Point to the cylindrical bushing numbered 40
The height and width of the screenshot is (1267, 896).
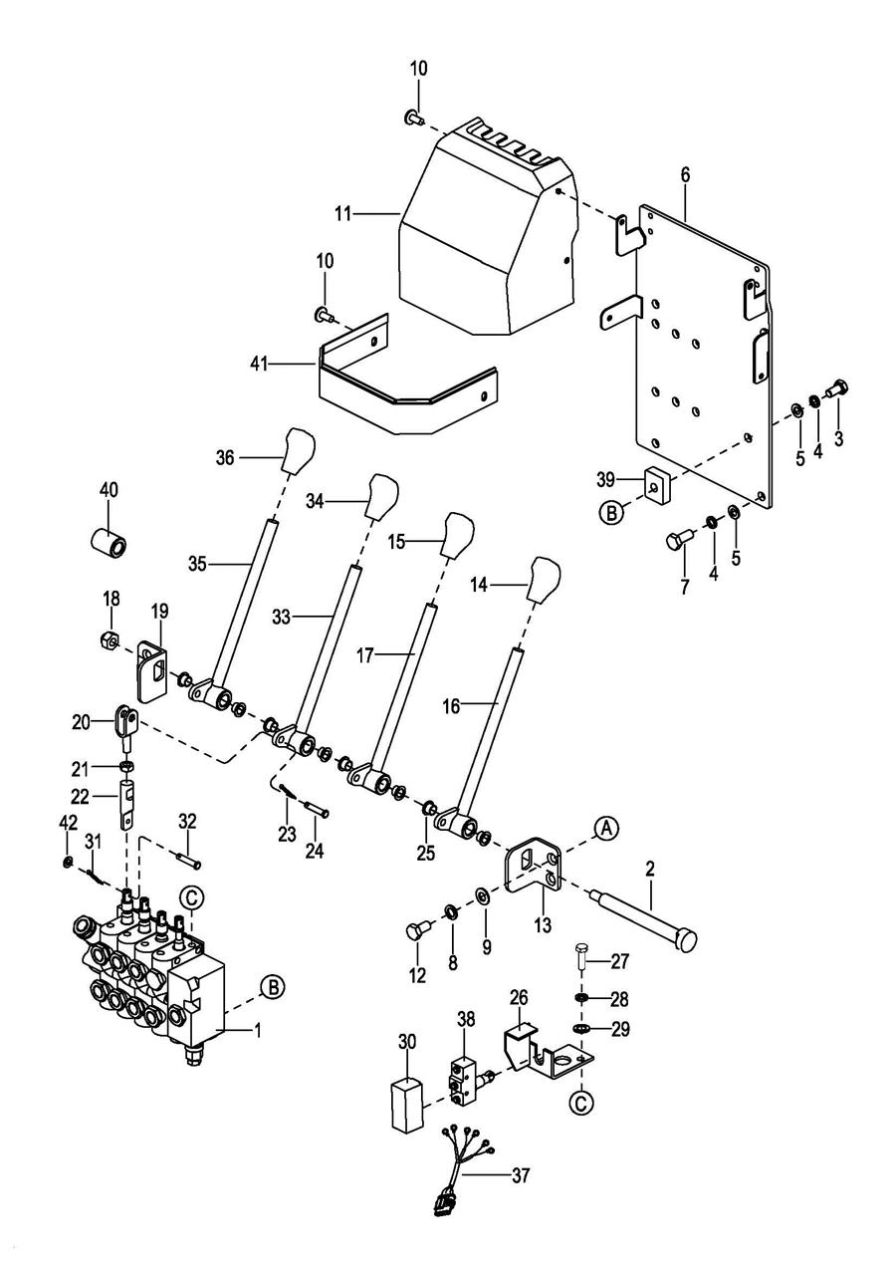(x=109, y=545)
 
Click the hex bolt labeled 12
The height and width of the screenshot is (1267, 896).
(x=416, y=931)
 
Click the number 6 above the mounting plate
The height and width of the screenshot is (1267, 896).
(x=684, y=174)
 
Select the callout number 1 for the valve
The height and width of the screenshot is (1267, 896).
(x=258, y=1031)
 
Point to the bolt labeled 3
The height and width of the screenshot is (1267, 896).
(x=836, y=388)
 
